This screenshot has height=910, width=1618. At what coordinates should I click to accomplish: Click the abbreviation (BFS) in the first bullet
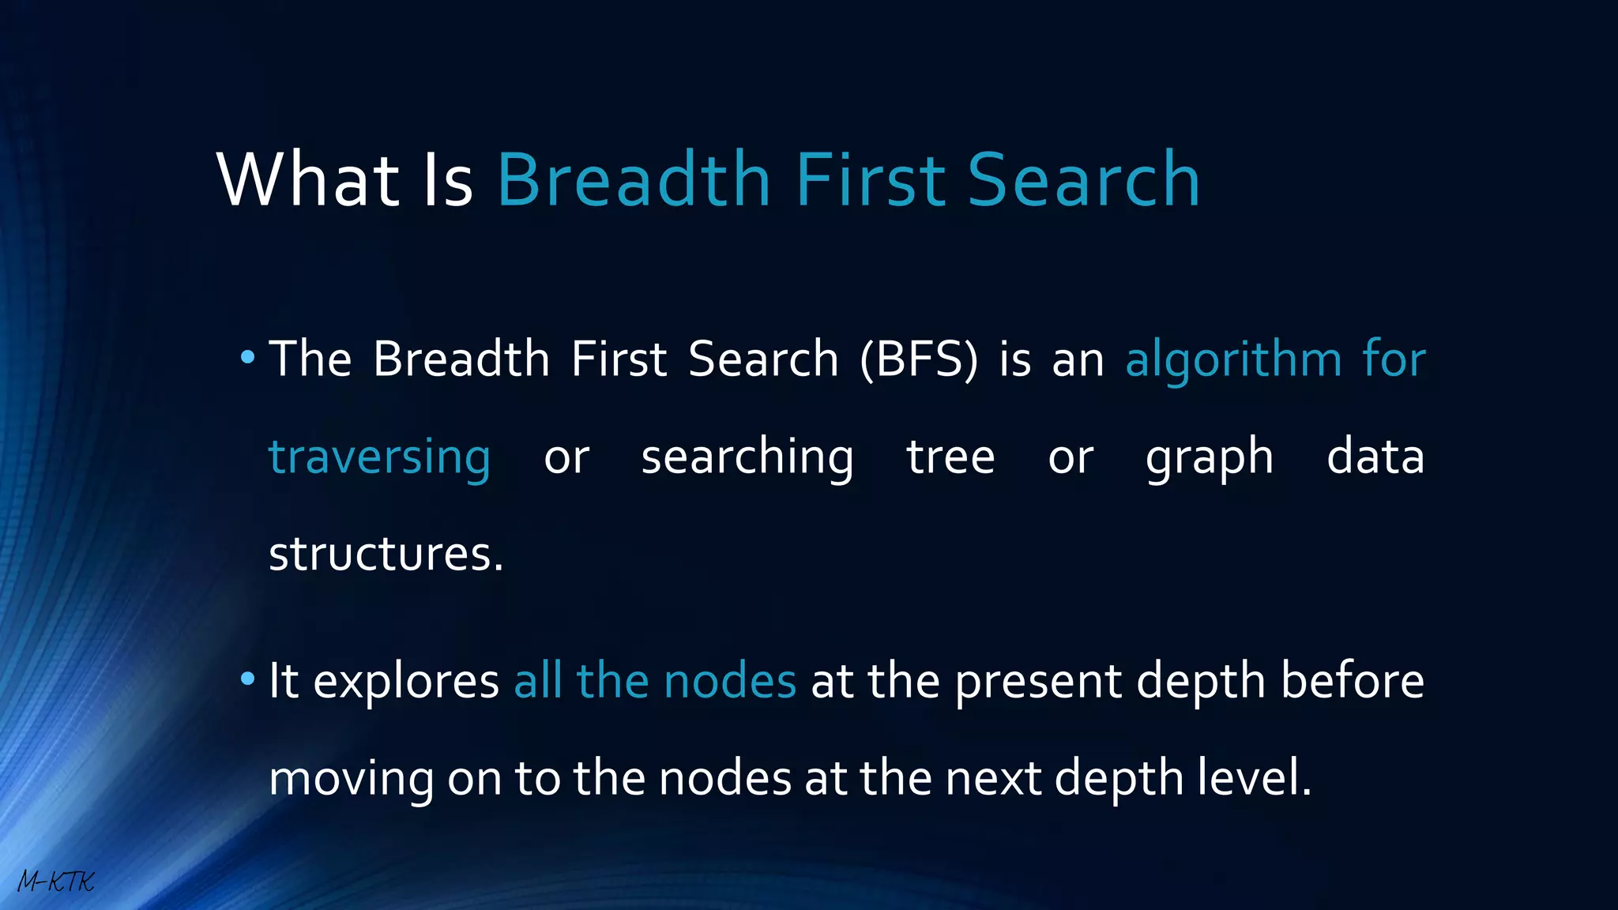click(919, 359)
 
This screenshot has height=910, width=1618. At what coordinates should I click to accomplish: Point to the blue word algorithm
click(1233, 359)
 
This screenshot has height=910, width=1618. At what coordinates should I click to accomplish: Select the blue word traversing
click(379, 457)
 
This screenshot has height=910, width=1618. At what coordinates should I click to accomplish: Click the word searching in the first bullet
click(747, 457)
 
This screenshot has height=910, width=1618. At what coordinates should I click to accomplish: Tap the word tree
click(950, 457)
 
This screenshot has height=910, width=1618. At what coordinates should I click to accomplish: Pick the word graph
click(1210, 459)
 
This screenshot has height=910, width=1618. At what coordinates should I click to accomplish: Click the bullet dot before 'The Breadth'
click(247, 358)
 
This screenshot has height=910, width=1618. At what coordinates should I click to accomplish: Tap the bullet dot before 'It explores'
click(247, 679)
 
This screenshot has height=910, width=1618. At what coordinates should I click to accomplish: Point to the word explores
click(406, 682)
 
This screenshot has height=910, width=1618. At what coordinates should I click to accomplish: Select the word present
click(1037, 682)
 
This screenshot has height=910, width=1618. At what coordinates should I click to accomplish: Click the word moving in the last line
click(351, 779)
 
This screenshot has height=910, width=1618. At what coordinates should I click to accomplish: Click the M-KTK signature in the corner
click(55, 882)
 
